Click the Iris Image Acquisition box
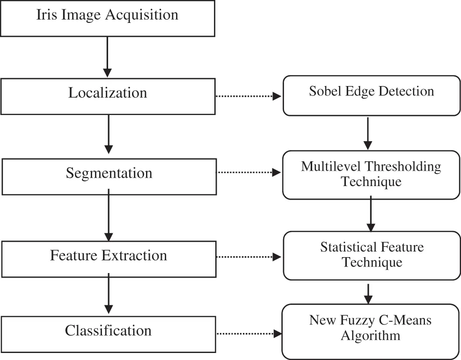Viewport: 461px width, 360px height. (x=107, y=18)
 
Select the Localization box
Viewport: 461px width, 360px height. (x=108, y=96)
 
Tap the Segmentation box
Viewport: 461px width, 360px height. (x=109, y=177)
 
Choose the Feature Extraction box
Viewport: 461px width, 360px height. (x=109, y=259)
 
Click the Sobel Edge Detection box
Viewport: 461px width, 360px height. (x=372, y=96)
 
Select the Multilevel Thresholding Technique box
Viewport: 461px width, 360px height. (x=371, y=175)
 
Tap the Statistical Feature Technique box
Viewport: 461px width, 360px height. (x=372, y=256)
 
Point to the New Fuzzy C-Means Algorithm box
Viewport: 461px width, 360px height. (x=371, y=331)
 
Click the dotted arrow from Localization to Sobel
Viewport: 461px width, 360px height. (x=248, y=96)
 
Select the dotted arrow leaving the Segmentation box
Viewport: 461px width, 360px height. (x=248, y=173)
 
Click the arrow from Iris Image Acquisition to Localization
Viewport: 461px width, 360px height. (x=108, y=56)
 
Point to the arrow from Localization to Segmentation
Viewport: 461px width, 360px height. (x=109, y=134)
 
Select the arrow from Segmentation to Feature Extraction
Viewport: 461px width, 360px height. (x=109, y=215)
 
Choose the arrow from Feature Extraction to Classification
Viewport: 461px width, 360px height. (x=109, y=294)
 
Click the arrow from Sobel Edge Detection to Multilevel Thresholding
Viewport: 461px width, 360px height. (x=368, y=133)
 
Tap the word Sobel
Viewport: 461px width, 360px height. (x=322, y=91)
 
